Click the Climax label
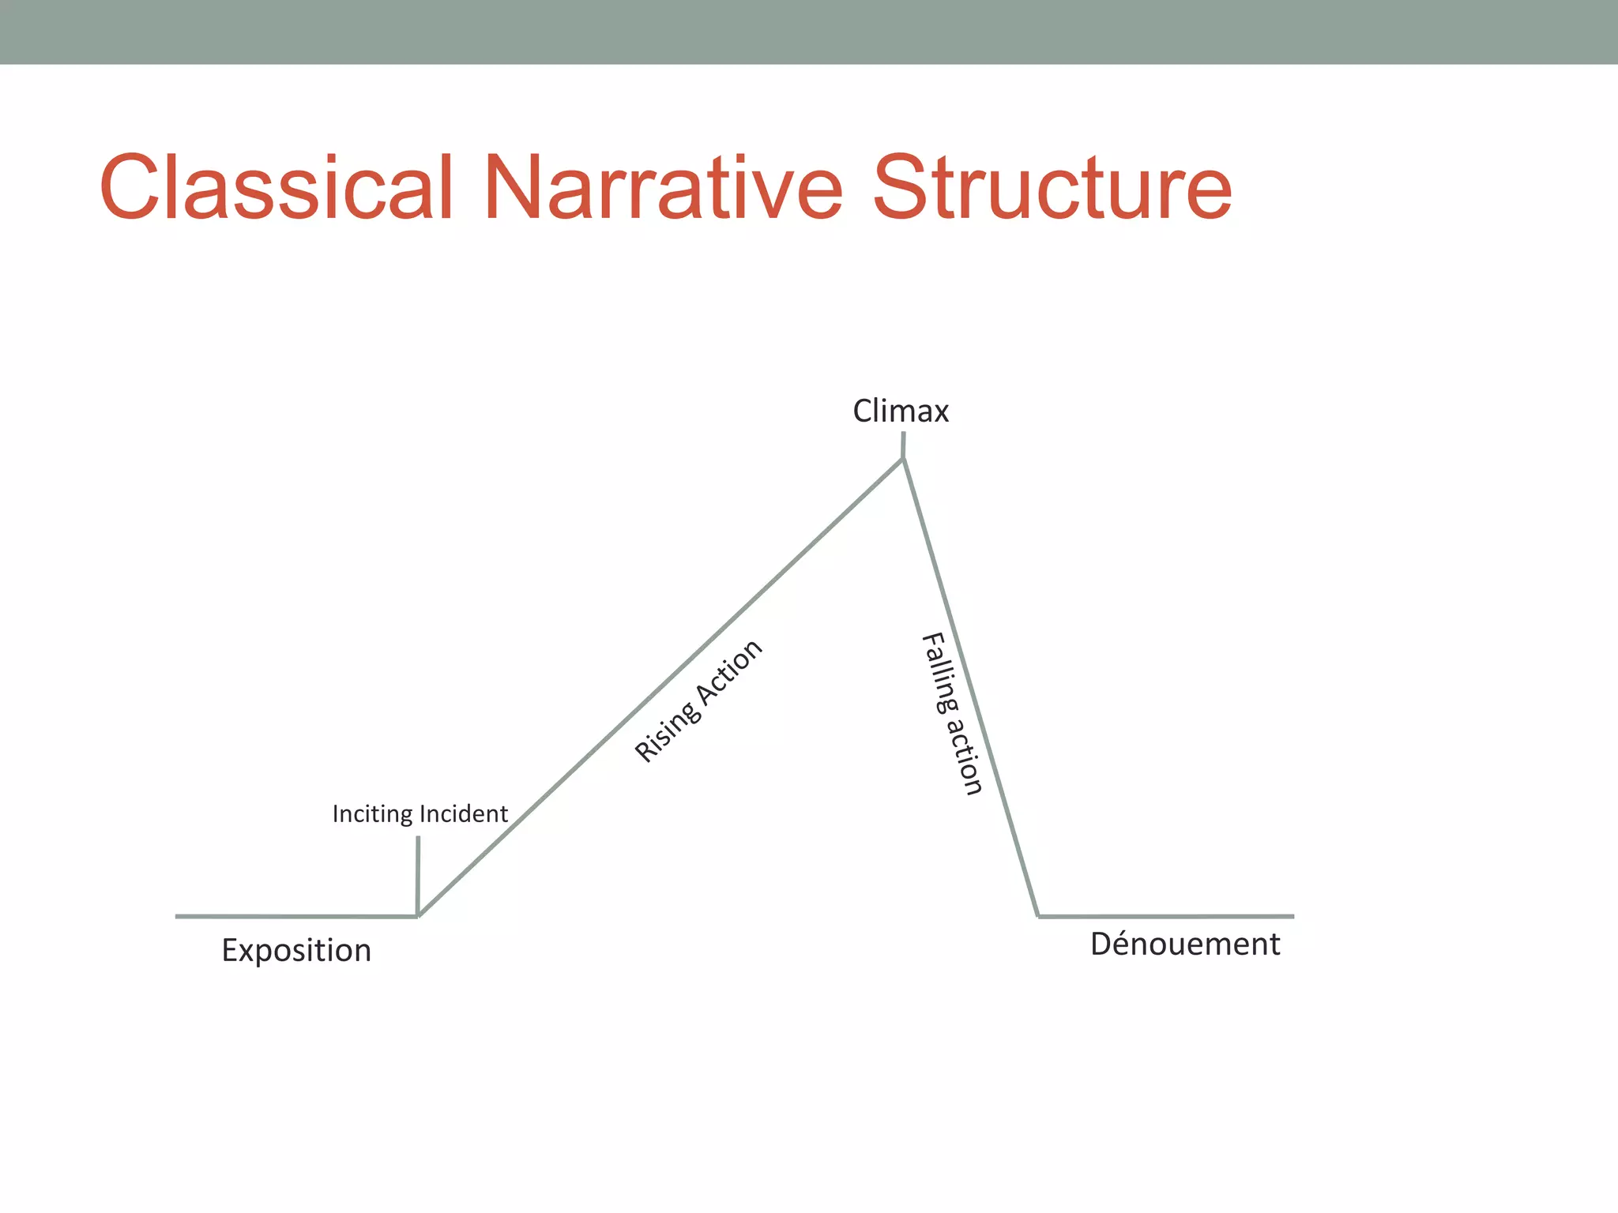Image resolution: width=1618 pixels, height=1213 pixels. [x=901, y=411]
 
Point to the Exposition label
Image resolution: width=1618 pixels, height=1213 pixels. [x=296, y=951]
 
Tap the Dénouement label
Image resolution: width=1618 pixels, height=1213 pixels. [x=1185, y=944]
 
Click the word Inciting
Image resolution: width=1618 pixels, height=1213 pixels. [x=373, y=814]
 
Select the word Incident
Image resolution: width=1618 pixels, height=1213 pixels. [x=464, y=814]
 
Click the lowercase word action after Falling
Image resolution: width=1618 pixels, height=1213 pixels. [x=965, y=756]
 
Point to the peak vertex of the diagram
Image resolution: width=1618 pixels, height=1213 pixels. [x=903, y=460]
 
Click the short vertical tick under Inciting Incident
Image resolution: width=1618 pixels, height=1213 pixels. [x=418, y=873]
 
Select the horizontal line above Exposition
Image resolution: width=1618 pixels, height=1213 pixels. [x=296, y=916]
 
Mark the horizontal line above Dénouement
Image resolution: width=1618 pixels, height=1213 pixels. [x=1166, y=916]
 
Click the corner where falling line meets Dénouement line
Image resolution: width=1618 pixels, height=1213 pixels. [x=1038, y=916]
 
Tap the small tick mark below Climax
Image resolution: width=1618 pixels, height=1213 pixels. [x=903, y=445]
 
